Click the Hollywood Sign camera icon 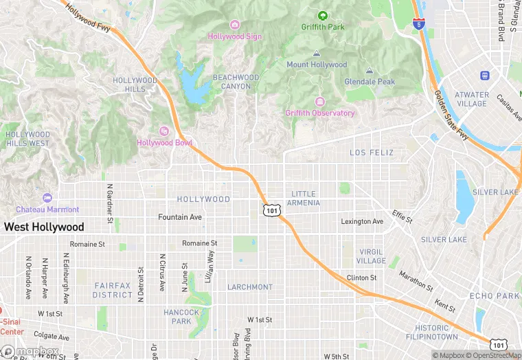(x=235, y=25)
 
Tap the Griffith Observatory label (x=320, y=113)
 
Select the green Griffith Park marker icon (x=322, y=16)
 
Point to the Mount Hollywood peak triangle (x=317, y=54)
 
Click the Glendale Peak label (x=370, y=82)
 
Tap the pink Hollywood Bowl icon (x=163, y=131)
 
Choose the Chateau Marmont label (x=48, y=209)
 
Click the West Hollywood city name (x=44, y=227)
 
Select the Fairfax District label (x=113, y=290)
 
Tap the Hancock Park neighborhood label (x=181, y=317)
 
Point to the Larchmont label (x=250, y=286)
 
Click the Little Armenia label (x=305, y=198)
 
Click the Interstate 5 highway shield (x=418, y=25)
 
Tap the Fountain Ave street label (x=180, y=217)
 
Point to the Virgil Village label (x=371, y=256)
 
